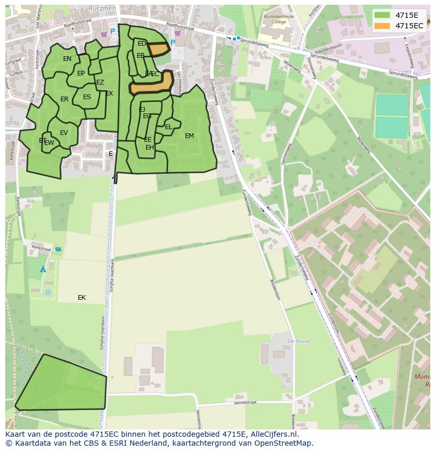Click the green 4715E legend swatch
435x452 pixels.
[x=382, y=15]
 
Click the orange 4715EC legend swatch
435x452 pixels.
[x=382, y=26]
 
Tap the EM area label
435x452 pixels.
[x=189, y=136]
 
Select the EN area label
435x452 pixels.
[x=67, y=59]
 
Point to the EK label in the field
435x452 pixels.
[x=81, y=298]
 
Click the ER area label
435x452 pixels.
[x=64, y=99]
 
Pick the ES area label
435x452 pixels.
[x=87, y=97]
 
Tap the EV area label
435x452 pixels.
[x=64, y=133]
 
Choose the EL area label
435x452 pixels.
[x=168, y=127]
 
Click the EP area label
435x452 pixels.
[x=81, y=73]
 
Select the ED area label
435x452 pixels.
[x=141, y=44]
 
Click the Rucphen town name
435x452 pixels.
[x=102, y=8]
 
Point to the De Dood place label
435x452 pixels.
[x=298, y=341]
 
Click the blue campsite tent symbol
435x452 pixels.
[x=43, y=269]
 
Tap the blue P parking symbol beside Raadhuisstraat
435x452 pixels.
[x=112, y=32]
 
